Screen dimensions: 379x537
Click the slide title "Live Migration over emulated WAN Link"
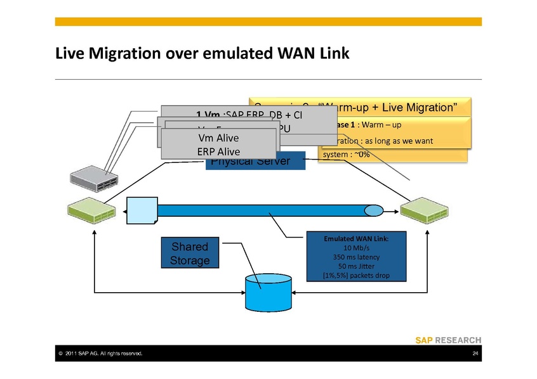click(x=202, y=53)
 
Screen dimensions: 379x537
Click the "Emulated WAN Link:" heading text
click(x=347, y=239)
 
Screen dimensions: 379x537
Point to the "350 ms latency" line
click(x=347, y=257)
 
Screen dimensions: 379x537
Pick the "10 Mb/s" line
click(x=347, y=248)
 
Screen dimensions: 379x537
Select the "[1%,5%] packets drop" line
click(x=347, y=276)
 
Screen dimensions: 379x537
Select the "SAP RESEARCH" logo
click(x=448, y=340)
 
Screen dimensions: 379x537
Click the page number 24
click(x=475, y=353)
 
